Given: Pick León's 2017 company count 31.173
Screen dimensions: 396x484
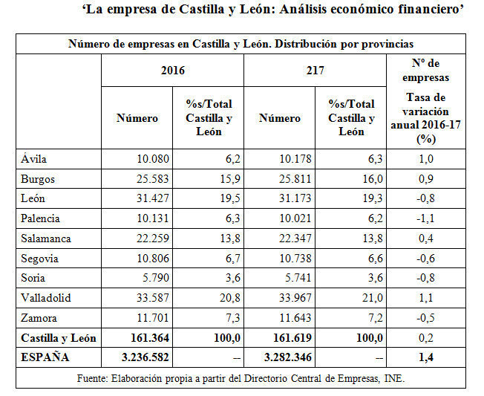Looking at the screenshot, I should click(x=285, y=199).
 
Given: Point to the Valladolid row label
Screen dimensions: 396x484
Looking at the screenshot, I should click(x=46, y=299).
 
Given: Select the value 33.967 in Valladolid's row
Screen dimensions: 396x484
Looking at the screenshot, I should click(x=285, y=299).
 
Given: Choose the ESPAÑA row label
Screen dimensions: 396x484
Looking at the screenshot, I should click(x=45, y=358).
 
